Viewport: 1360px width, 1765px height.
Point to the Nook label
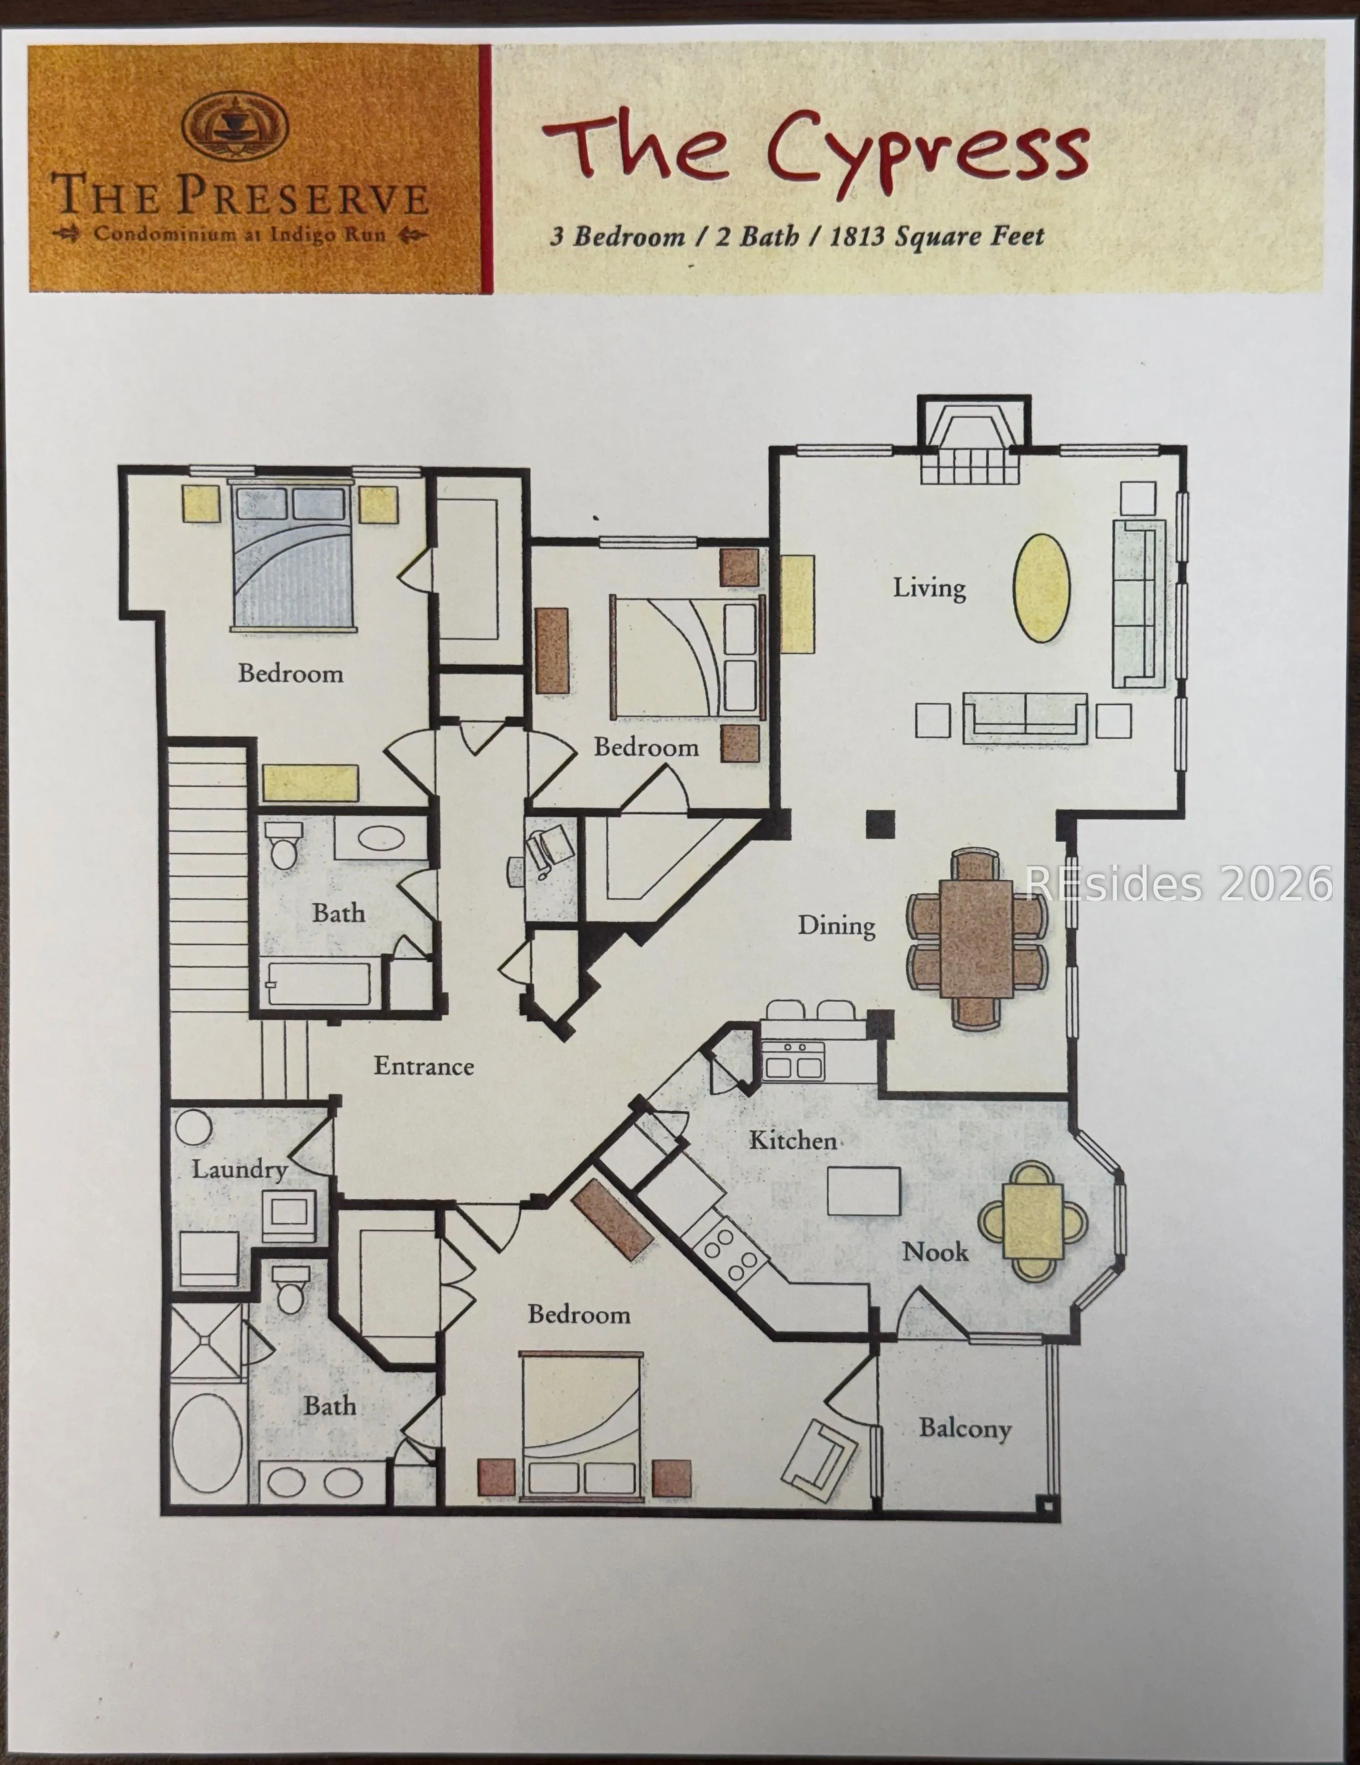[935, 1252]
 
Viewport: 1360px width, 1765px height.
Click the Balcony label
[965, 1429]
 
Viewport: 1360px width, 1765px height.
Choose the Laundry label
[239, 1169]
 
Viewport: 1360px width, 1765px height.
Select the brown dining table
[976, 938]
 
